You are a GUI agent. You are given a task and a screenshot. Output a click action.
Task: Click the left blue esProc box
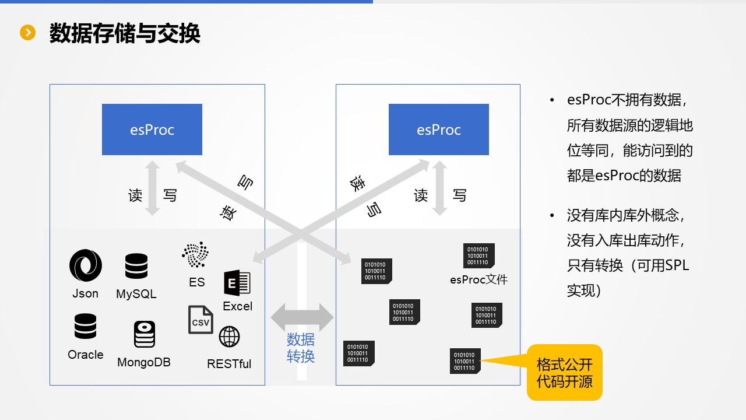[x=152, y=129]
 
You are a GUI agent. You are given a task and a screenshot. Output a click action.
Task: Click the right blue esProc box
[x=438, y=129]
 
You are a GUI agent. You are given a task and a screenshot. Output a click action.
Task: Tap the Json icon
[x=85, y=265]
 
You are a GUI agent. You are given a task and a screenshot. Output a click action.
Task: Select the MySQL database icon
[x=136, y=266]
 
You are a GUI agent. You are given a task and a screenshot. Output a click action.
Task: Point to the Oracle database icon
[x=85, y=327]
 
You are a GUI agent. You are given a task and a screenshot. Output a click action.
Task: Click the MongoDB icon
[x=144, y=334]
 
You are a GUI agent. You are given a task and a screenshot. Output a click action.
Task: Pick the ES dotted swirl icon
[x=195, y=255]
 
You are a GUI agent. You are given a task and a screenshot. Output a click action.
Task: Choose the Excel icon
[x=237, y=283]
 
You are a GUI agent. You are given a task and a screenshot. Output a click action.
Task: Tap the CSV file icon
[x=200, y=320]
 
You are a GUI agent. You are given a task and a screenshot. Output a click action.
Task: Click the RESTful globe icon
[x=229, y=337]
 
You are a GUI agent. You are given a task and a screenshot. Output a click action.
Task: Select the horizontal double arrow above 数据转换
[x=302, y=318]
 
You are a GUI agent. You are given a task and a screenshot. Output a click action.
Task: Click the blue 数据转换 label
[x=301, y=348]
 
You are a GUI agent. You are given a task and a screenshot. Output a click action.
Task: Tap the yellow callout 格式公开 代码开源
[x=564, y=372]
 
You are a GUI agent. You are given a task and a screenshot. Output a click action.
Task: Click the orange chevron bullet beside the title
[x=28, y=33]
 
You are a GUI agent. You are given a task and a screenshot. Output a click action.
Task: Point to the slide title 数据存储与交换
[x=125, y=34]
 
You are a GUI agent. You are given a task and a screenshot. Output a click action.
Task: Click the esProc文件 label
[x=478, y=280]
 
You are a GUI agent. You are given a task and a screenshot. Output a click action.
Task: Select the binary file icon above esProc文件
[x=479, y=256]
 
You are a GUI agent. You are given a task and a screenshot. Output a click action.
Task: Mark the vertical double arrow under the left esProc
[x=152, y=188]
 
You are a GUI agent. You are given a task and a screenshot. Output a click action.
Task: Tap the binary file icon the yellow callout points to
[x=465, y=361]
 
